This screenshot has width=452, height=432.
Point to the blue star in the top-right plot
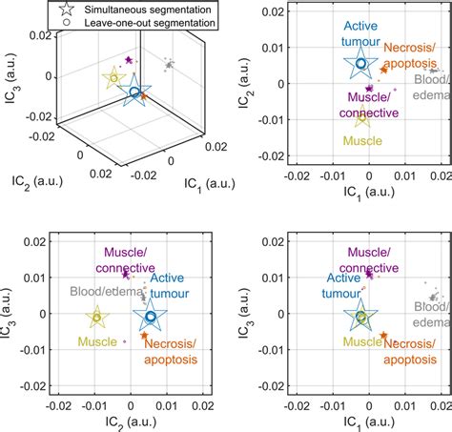[x=360, y=65]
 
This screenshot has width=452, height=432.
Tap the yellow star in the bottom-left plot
[x=97, y=317]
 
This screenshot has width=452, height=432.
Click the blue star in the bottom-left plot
[x=150, y=316]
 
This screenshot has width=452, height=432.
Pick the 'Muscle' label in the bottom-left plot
[x=97, y=340]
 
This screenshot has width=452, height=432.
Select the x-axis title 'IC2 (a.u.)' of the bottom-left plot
[x=124, y=421]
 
